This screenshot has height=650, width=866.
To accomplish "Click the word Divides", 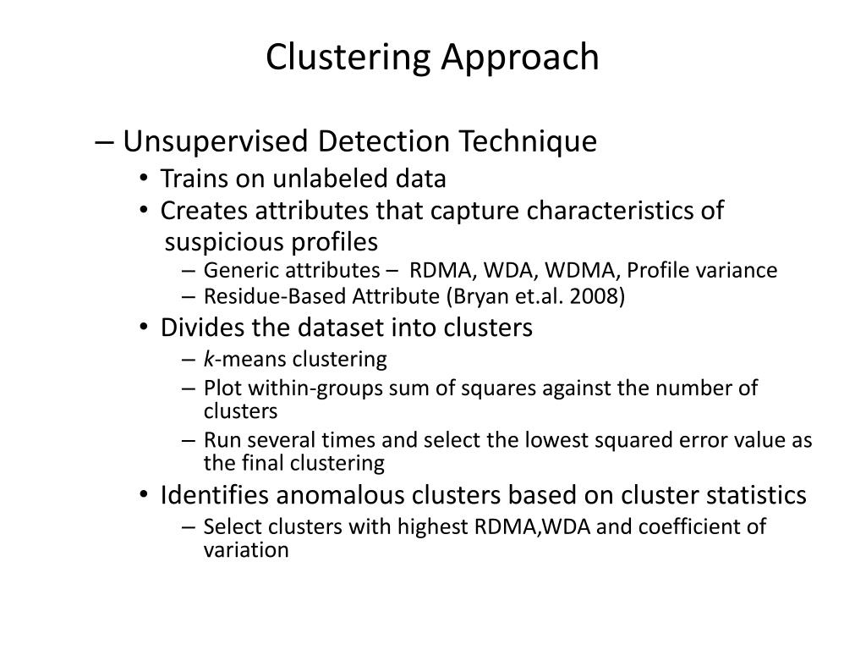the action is tap(195, 328).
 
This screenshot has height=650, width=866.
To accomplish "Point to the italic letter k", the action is tap(208, 360).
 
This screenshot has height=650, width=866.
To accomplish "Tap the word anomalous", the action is tap(322, 494).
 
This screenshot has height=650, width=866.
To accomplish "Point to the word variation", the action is tap(246, 550).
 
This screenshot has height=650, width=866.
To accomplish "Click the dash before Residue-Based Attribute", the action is tap(188, 297).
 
